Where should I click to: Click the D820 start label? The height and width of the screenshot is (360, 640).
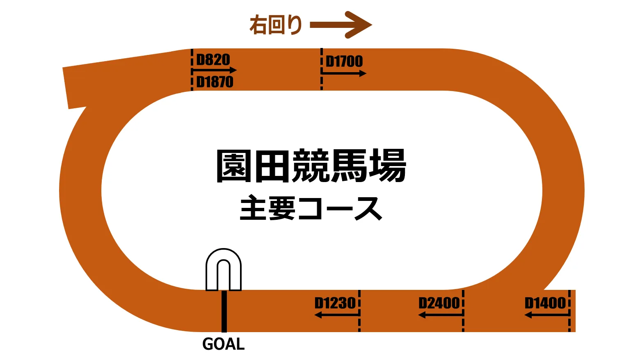click(x=213, y=60)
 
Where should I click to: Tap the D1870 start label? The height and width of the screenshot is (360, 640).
click(x=215, y=82)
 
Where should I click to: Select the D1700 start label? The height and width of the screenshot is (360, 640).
click(x=344, y=62)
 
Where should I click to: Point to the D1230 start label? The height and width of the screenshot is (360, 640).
click(x=335, y=303)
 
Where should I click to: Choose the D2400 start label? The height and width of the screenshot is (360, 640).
click(x=439, y=303)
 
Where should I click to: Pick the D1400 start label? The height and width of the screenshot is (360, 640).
click(x=545, y=303)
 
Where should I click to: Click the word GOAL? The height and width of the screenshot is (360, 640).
click(x=224, y=344)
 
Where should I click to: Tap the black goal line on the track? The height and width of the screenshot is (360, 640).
click(x=224, y=311)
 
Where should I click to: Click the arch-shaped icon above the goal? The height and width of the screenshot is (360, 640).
click(x=224, y=270)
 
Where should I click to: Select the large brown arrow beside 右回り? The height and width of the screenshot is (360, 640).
click(x=341, y=25)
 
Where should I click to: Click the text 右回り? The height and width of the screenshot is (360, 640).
click(x=276, y=25)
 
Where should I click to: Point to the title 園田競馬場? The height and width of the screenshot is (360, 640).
click(x=311, y=166)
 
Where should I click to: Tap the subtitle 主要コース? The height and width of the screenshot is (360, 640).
click(x=311, y=208)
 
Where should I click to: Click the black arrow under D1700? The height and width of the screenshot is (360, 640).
click(x=344, y=73)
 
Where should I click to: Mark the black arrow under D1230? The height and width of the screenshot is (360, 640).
click(x=336, y=315)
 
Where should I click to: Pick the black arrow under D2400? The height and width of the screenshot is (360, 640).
click(x=440, y=315)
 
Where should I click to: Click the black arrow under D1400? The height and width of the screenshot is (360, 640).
click(x=547, y=315)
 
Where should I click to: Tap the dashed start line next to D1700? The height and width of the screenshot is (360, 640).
click(x=322, y=69)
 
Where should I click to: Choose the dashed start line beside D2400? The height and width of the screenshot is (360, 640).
click(x=463, y=310)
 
